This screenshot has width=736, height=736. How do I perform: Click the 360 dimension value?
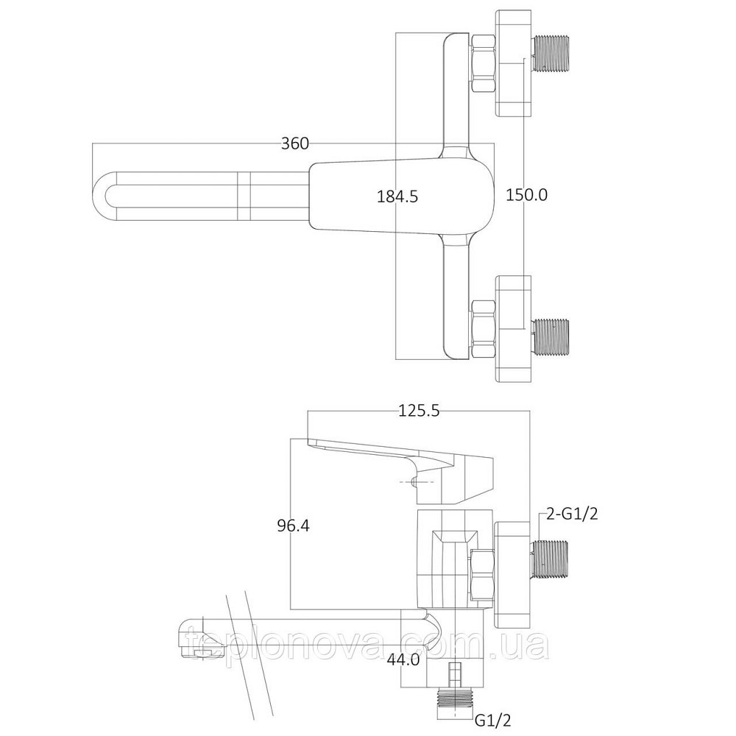click(294, 144)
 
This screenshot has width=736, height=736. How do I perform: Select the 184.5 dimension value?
click(397, 196)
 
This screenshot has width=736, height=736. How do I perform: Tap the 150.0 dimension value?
click(527, 194)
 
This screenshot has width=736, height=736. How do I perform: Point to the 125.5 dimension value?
click(419, 411)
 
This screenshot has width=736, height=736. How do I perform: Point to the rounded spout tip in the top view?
click(107, 195)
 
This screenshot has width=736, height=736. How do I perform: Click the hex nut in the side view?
click(481, 572)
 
